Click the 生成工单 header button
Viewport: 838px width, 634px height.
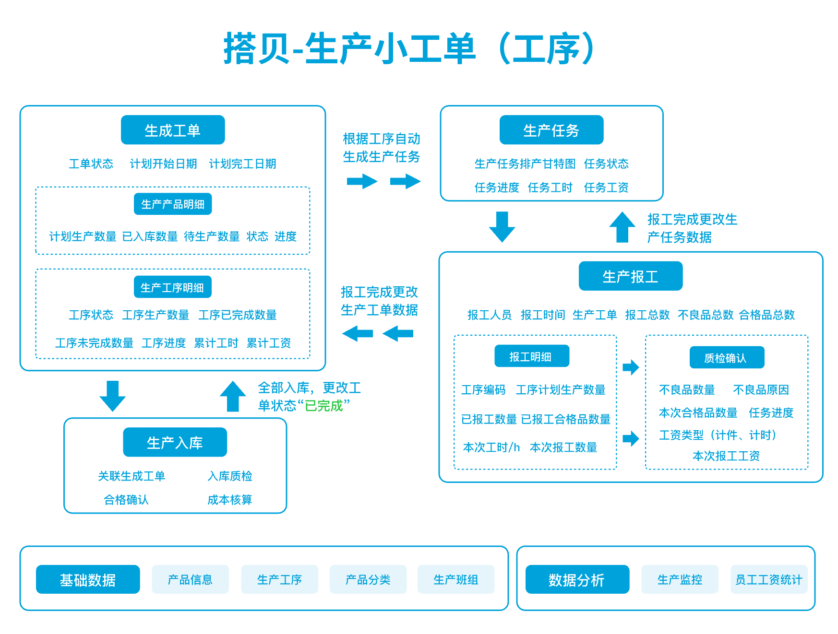173,130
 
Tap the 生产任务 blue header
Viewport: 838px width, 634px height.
551,130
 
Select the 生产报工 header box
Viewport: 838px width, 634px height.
630,276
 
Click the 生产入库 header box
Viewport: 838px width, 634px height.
175,442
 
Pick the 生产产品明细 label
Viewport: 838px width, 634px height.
173,204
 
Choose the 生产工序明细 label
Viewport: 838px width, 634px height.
172,287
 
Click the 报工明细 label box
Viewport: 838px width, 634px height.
531,356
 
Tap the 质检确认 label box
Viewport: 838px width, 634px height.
726,358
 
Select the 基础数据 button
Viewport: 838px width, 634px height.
88,580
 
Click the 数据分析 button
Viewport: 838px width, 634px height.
576,580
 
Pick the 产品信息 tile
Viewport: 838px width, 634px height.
190,580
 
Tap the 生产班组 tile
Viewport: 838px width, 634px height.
455,580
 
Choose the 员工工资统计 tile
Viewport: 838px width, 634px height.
768,580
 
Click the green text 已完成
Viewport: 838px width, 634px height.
324,406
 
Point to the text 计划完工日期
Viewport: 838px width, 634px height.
242,164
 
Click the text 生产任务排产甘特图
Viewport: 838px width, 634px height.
525,164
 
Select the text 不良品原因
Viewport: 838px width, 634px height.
761,390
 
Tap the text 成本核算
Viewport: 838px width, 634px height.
229,500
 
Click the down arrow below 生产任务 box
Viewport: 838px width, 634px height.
502,226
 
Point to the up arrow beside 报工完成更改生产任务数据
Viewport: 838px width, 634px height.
622,227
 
